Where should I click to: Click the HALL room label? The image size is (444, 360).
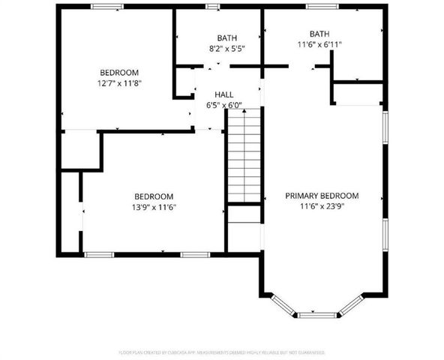tap(223, 94)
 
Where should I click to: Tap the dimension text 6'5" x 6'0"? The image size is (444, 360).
tap(223, 105)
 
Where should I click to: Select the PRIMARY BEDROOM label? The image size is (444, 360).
tap(322, 196)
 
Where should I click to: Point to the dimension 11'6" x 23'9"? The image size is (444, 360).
tap(322, 206)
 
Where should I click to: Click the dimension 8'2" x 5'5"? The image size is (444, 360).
tap(226, 48)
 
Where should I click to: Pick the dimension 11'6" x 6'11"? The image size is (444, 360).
tap(319, 44)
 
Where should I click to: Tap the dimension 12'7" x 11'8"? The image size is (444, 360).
tap(121, 83)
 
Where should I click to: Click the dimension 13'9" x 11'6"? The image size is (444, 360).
tap(154, 206)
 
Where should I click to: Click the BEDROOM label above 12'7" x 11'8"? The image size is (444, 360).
tap(121, 73)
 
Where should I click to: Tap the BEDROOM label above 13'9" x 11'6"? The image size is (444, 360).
tap(154, 196)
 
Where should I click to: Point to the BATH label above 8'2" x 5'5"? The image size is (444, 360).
tap(226, 37)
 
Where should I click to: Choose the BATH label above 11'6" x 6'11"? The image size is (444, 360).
tap(319, 34)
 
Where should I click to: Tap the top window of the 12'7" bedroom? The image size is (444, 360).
tap(108, 7)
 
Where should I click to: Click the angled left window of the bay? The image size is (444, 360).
tap(283, 304)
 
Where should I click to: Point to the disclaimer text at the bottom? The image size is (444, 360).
tap(222, 351)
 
